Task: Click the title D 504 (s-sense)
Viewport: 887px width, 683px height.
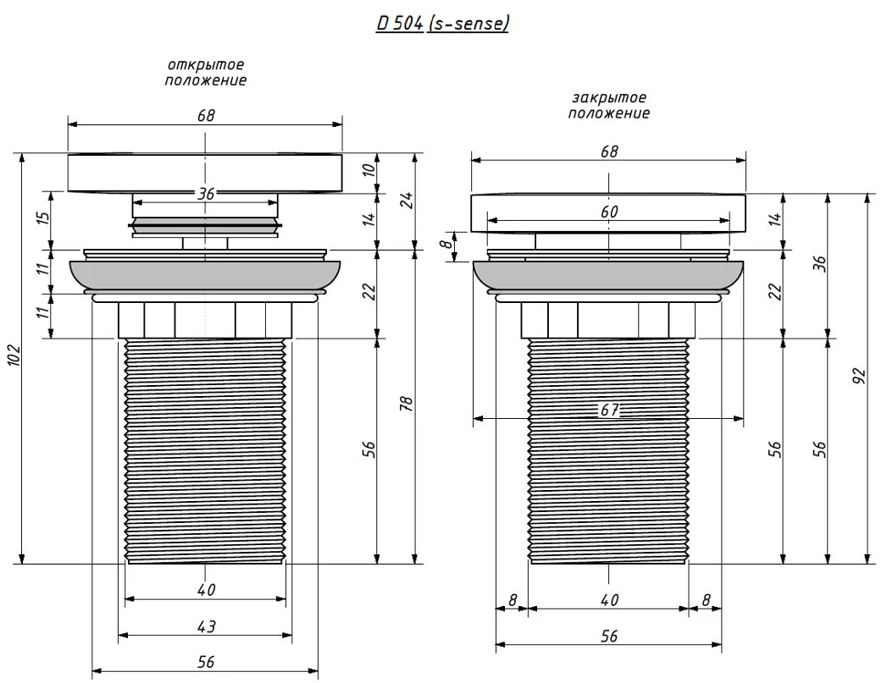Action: (x=442, y=24)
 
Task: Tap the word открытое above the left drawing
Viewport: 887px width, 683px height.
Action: (x=205, y=66)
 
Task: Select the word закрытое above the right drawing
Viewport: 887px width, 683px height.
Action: (x=608, y=98)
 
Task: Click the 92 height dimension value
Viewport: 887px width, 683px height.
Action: (x=857, y=377)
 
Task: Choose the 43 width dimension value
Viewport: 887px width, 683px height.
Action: (x=206, y=627)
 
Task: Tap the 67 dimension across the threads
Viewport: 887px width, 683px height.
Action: (x=609, y=410)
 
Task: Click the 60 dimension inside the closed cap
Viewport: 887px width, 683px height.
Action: (x=609, y=212)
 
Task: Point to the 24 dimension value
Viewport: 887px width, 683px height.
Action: (x=406, y=201)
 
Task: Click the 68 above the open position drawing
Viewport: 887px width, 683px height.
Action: (x=206, y=116)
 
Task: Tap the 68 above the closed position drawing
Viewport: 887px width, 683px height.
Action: (x=609, y=151)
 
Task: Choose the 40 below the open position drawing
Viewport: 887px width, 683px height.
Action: (x=206, y=590)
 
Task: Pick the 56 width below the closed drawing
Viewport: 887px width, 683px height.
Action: (x=609, y=636)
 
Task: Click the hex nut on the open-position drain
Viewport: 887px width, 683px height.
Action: (x=205, y=320)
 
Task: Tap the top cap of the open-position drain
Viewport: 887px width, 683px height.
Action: (x=205, y=172)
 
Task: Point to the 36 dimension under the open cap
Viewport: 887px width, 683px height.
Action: (x=206, y=194)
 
